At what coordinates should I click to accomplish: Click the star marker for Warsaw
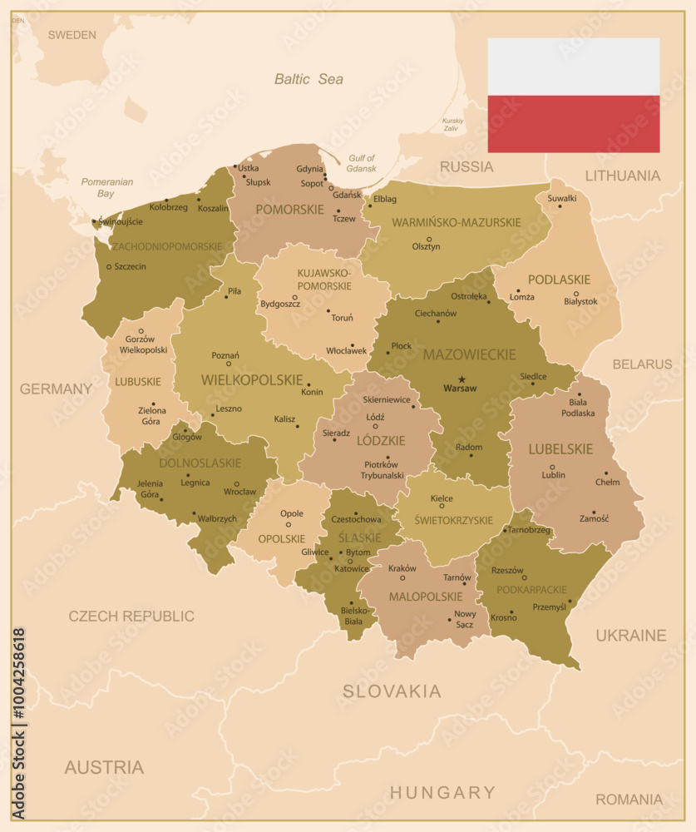click(462, 379)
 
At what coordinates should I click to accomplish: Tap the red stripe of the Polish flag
click(573, 124)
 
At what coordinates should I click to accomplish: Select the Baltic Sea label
click(309, 79)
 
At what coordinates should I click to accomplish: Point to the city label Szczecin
click(130, 266)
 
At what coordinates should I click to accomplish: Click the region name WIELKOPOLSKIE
click(252, 379)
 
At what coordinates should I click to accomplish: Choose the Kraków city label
click(402, 568)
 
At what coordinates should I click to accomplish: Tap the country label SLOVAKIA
click(392, 691)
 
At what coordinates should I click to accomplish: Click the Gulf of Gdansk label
click(362, 163)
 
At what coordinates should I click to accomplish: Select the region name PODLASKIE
click(559, 280)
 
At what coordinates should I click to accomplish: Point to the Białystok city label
click(580, 301)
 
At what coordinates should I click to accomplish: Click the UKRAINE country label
click(630, 635)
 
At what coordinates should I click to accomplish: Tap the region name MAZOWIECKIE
click(469, 354)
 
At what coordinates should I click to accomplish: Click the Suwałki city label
click(561, 198)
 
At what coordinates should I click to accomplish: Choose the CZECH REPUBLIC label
click(131, 616)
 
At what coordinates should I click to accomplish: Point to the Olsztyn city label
click(427, 246)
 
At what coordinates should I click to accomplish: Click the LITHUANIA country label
click(623, 176)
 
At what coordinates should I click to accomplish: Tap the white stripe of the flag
click(573, 67)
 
